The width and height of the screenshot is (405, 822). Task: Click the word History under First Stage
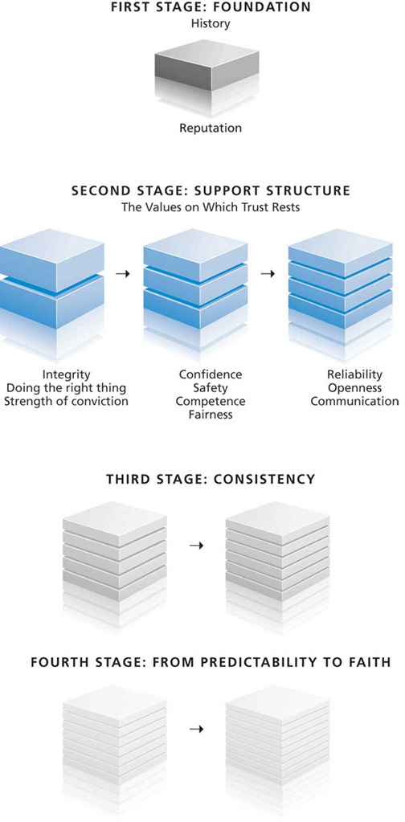coord(210,23)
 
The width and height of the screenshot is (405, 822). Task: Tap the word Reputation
coord(210,128)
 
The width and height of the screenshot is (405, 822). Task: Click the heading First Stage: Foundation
coord(210,7)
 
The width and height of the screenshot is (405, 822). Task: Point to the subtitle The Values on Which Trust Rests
coord(211,207)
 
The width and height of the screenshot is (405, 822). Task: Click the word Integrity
coord(66,374)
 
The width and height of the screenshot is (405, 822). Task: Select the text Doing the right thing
coord(66,388)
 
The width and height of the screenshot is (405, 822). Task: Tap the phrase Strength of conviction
coord(66,402)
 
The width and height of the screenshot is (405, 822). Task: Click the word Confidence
coord(210,374)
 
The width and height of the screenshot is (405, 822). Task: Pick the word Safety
coord(210,388)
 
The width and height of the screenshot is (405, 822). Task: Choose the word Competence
coord(210,402)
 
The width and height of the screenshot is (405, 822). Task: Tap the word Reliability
coord(354,374)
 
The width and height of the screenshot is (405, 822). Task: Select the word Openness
coord(354,388)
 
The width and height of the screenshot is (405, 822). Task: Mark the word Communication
coord(354,402)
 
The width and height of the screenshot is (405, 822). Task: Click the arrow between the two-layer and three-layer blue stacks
coord(123,274)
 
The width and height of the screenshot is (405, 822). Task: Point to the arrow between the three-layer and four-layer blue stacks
coord(268,274)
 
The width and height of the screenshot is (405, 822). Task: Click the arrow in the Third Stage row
coord(196,546)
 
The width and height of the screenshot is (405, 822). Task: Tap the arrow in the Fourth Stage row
coord(196,730)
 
